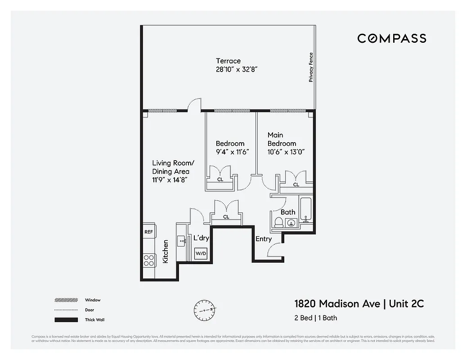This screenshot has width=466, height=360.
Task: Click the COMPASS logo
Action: coord(391,38)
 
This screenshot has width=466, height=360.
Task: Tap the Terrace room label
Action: coord(228,61)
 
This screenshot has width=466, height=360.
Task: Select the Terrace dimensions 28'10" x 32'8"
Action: coord(236,70)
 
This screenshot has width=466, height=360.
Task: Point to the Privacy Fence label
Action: coord(310,67)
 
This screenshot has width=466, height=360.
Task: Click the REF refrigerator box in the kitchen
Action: coord(148,232)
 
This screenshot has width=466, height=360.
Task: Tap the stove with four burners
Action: coord(149,260)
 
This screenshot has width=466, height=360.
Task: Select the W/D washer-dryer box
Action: coord(201,254)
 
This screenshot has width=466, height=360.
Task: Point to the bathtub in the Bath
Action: coord(306,209)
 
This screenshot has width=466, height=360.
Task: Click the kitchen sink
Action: coord(182,241)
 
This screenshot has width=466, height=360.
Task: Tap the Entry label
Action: coord(264,239)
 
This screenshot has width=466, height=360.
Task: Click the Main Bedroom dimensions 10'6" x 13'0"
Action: coord(286,152)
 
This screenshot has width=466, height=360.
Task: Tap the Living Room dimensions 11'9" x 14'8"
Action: coord(170,180)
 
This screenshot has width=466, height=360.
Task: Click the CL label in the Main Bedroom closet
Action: coord(296,184)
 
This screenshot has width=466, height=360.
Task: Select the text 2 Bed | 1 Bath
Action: coord(315,318)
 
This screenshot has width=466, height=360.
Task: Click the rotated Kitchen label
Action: coord(166,252)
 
